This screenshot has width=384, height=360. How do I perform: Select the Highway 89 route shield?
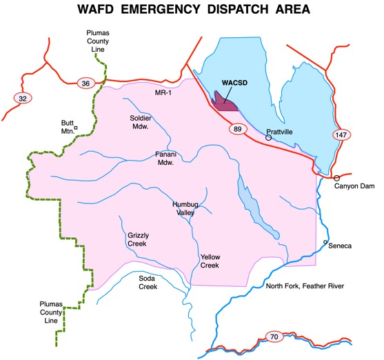pos(236,128)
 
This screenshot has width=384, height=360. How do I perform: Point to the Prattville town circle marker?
pos(269,138)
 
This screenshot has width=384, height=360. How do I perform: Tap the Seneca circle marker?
pos(326,242)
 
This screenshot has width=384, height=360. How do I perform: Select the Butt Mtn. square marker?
pos(76,128)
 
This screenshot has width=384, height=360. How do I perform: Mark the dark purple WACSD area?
pos(224,104)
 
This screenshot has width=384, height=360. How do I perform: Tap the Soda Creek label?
pos(148,283)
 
